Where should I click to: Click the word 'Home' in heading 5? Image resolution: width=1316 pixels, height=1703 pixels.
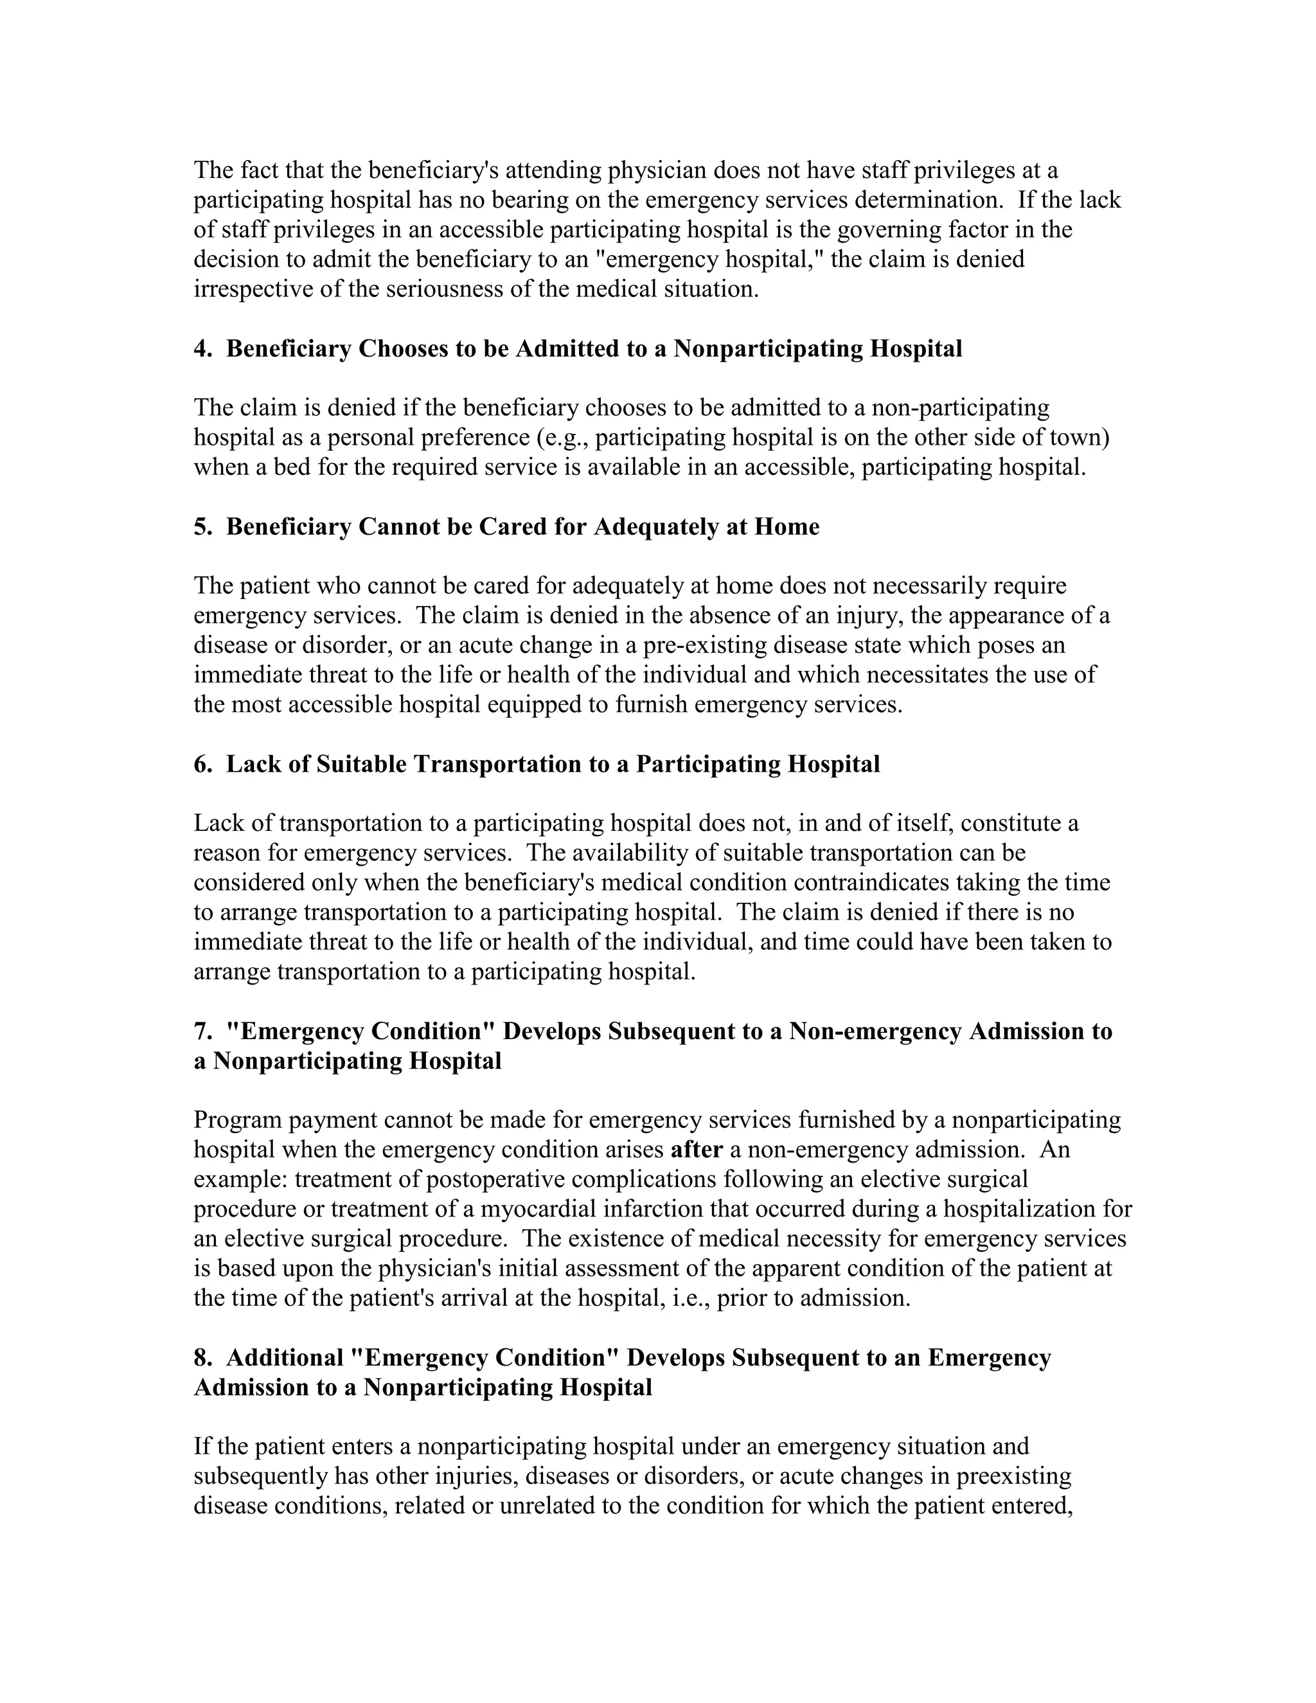point(787,527)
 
